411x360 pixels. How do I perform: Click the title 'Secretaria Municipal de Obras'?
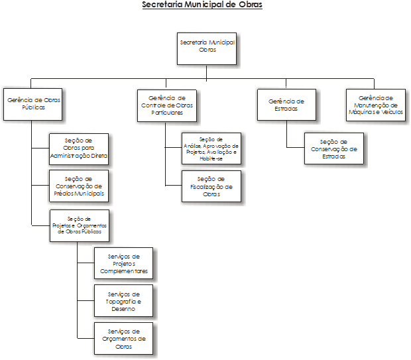(202, 5)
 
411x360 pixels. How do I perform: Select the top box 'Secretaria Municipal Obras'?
(207, 47)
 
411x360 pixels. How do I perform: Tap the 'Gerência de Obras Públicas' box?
(32, 103)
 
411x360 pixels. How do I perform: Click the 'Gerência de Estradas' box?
(286, 104)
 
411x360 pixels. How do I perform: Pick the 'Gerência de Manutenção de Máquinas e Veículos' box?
(375, 105)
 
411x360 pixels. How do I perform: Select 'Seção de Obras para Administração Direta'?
(79, 149)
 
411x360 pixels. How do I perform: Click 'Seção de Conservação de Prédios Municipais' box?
(79, 186)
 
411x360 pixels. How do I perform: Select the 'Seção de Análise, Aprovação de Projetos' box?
(211, 149)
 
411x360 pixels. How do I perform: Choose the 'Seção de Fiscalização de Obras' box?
(211, 186)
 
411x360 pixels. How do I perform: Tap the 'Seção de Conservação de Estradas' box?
(333, 149)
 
